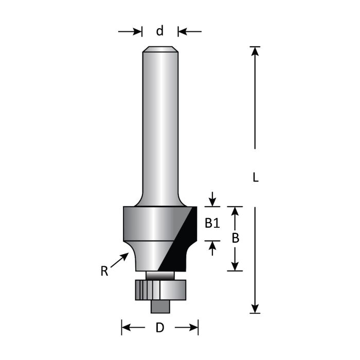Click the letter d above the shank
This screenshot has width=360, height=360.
tap(160, 31)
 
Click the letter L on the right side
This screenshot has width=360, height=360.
tap(256, 178)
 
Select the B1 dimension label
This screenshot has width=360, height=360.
tap(212, 223)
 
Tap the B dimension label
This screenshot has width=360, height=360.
tap(235, 239)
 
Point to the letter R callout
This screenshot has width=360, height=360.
tap(104, 271)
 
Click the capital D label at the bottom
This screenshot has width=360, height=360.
tap(160, 328)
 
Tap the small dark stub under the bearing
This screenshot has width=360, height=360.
tap(160, 306)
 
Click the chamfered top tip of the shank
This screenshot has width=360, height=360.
tap(160, 49)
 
